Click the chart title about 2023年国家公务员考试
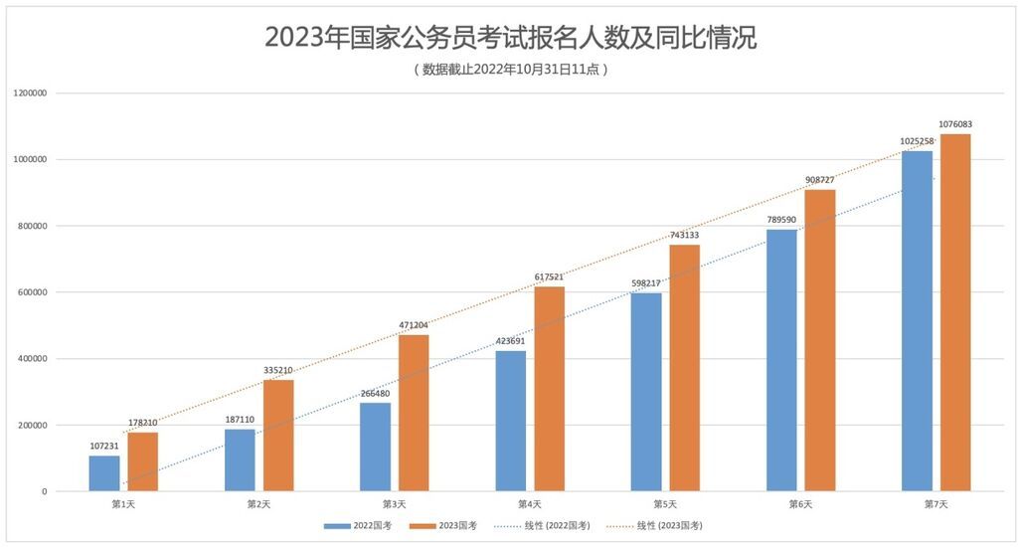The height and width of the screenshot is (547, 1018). [x=509, y=38]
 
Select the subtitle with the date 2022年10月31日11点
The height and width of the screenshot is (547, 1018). [x=509, y=70]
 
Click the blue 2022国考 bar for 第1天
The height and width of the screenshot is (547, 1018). [x=104, y=473]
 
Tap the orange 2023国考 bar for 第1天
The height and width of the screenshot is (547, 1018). [x=142, y=461]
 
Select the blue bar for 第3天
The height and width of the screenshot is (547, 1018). [x=375, y=447]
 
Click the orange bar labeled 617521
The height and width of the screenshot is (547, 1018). [x=549, y=389]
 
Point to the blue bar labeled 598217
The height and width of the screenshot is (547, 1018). [x=646, y=392]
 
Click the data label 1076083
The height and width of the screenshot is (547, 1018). [x=954, y=124]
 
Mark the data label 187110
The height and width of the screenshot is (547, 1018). [x=240, y=420]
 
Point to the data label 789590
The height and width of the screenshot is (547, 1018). [x=781, y=220]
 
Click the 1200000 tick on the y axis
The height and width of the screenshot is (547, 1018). [x=31, y=93]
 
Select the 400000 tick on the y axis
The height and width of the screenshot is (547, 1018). [x=33, y=359]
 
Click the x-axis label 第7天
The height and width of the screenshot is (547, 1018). [x=935, y=505]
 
